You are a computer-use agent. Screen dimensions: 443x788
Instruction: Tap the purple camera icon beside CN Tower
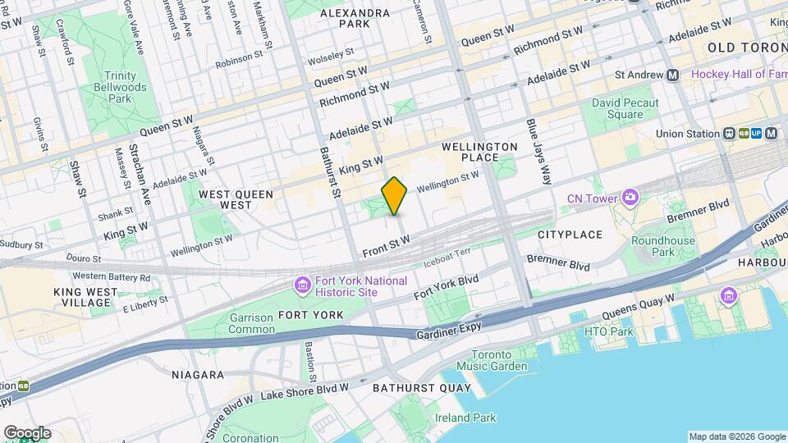click(630, 198)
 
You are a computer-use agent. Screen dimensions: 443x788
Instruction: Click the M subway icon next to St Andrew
click(673, 75)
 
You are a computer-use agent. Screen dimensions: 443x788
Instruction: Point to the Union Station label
click(686, 134)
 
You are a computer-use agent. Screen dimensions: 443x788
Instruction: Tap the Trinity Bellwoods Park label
click(120, 87)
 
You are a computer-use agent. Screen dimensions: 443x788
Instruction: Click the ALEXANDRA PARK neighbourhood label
click(355, 19)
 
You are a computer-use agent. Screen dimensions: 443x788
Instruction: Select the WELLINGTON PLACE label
click(479, 153)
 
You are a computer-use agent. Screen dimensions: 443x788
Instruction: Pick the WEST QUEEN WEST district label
click(224, 199)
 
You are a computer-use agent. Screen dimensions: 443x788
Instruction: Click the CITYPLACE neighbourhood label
click(570, 235)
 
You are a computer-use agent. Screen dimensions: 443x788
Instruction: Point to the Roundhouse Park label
click(662, 247)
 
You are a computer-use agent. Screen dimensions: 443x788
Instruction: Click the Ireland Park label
click(466, 418)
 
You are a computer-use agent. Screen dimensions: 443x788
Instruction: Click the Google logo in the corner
click(27, 433)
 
